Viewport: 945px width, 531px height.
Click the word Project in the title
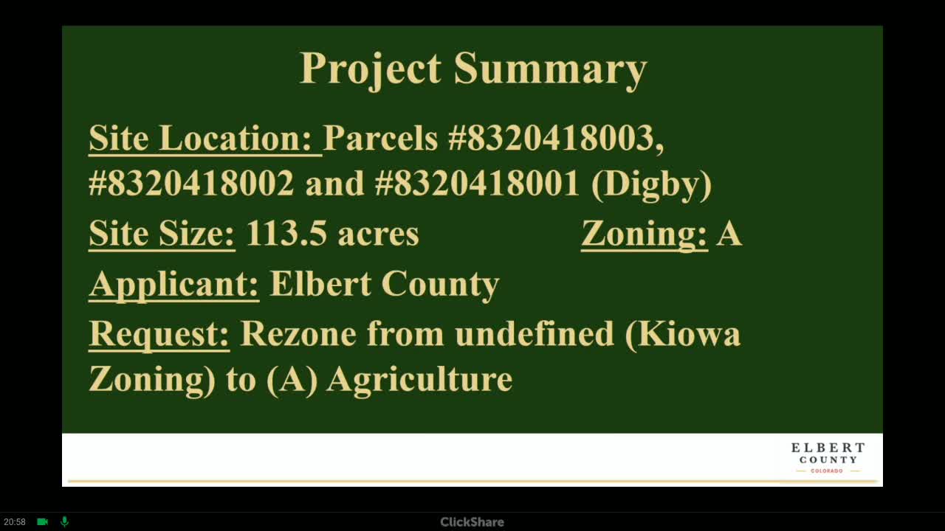(371, 69)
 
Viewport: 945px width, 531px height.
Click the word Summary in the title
(550, 69)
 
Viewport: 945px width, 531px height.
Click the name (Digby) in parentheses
(651, 184)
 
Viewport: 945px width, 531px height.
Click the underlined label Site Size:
(162, 234)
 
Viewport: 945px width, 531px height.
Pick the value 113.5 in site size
(286, 233)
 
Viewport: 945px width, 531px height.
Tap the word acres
(379, 235)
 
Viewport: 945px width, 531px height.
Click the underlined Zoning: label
(645, 234)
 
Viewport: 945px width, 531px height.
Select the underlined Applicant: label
(173, 285)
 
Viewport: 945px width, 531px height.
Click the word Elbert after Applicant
(320, 283)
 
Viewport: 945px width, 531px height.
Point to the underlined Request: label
(159, 335)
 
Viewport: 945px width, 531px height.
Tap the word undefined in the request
(535, 333)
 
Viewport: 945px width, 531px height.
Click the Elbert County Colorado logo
(828, 458)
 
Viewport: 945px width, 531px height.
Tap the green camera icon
(43, 521)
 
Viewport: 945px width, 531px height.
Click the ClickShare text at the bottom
(472, 522)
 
